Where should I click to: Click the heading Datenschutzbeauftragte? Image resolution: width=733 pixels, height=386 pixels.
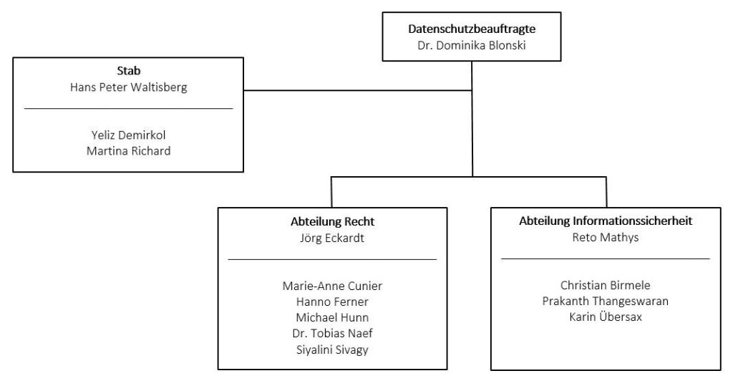coord(472,29)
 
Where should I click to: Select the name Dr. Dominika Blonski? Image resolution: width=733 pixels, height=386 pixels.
coord(472,45)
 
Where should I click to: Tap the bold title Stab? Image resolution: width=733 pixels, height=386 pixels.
coord(129,71)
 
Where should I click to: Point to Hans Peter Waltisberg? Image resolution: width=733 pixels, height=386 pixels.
coord(129,87)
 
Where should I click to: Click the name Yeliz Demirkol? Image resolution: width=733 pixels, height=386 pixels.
coord(129,135)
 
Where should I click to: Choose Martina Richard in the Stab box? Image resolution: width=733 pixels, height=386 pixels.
coord(129,151)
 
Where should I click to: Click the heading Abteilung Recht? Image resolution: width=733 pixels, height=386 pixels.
coord(332,221)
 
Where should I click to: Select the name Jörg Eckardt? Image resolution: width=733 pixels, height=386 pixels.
coord(332,238)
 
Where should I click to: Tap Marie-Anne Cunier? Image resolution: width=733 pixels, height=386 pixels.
coord(332,286)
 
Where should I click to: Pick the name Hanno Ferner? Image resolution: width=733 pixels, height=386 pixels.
coord(332,301)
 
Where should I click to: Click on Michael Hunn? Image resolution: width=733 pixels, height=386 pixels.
coord(332,318)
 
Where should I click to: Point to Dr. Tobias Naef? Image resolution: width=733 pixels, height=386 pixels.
coord(332,334)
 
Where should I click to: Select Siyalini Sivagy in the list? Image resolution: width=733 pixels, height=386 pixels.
coord(332,350)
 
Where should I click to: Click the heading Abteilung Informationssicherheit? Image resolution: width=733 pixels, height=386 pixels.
coord(606,221)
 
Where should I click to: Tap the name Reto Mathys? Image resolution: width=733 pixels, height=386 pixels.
coord(606,237)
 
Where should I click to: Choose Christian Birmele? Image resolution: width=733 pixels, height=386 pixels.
coord(606,286)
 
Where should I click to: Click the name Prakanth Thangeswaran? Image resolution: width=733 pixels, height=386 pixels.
coord(606,301)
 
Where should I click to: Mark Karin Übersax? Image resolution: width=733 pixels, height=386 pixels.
coord(606,317)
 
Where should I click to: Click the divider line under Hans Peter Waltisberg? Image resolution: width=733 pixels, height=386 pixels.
coord(129,109)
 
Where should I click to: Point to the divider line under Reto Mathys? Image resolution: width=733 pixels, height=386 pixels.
coord(606,259)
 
